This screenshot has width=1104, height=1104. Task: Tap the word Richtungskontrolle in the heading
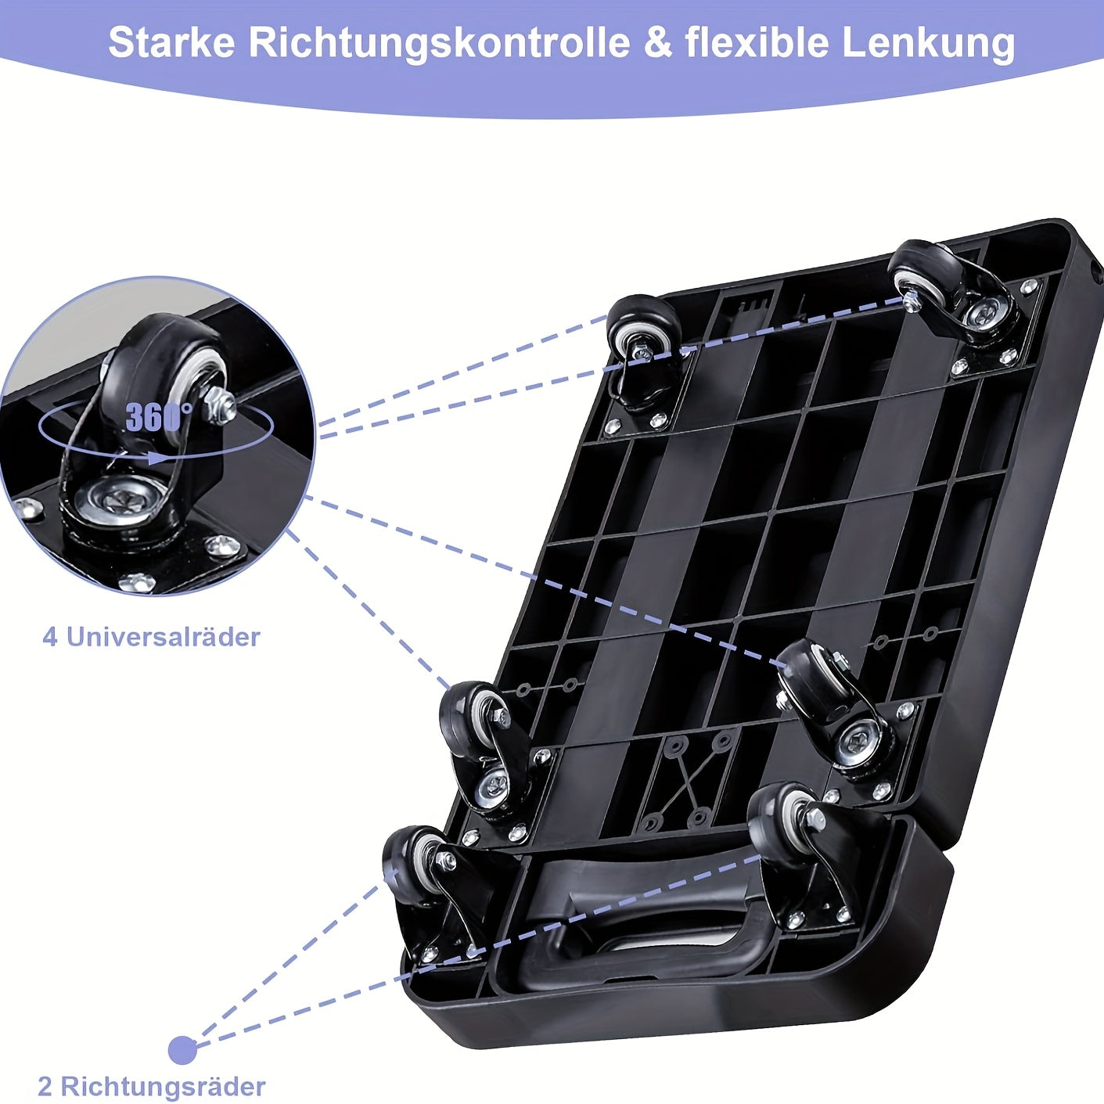pyautogui.click(x=439, y=44)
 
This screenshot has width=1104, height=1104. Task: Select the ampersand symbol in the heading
pyautogui.click(x=658, y=43)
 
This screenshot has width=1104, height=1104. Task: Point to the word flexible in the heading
pyautogui.click(x=757, y=43)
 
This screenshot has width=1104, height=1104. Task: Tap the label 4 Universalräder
pyautogui.click(x=151, y=637)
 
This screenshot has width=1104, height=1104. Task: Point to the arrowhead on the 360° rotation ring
pyautogui.click(x=157, y=458)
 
